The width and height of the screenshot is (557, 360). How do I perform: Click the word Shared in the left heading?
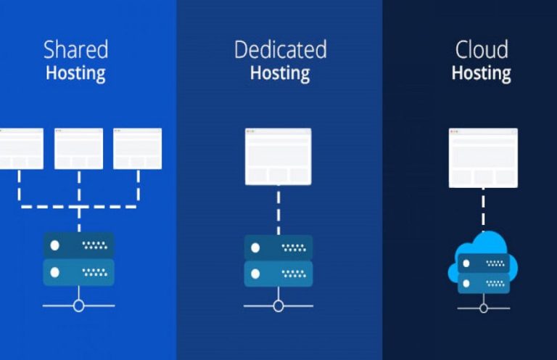click(75, 50)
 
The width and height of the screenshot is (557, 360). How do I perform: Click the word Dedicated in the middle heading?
click(280, 50)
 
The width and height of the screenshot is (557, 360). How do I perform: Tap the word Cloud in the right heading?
click(481, 50)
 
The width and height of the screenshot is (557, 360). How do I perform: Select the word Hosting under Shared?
click(75, 73)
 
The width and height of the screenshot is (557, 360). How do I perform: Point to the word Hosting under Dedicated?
click(280, 73)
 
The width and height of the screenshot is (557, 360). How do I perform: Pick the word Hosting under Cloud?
click(481, 73)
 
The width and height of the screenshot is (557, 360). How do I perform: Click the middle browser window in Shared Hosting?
click(78, 149)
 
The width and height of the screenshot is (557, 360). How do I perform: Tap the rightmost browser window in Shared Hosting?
click(137, 149)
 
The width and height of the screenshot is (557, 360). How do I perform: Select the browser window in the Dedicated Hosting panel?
click(278, 156)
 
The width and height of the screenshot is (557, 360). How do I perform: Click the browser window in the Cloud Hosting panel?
click(483, 157)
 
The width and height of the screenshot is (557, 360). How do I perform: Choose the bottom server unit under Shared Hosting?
click(78, 272)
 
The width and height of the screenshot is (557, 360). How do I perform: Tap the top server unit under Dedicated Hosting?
click(278, 247)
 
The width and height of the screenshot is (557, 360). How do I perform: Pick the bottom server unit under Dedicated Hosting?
click(278, 274)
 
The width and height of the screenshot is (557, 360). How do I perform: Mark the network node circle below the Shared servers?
click(78, 306)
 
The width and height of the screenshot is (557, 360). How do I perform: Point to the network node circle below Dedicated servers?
click(278, 306)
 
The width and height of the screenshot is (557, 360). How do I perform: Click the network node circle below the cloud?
click(483, 308)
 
